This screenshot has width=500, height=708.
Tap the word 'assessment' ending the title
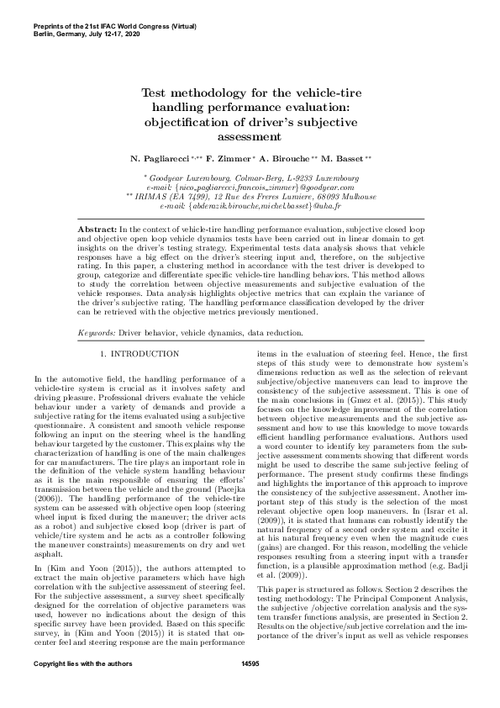tap(250, 136)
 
